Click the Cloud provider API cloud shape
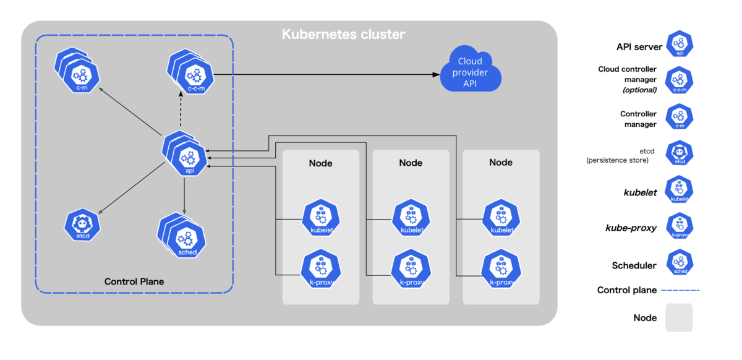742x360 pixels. pyautogui.click(x=471, y=71)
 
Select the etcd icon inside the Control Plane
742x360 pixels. pyautogui.click(x=82, y=225)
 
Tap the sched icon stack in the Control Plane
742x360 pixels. pyautogui.click(x=182, y=236)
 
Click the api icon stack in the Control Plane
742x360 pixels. pyautogui.click(x=184, y=153)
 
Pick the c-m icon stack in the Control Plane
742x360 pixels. pyautogui.click(x=77, y=70)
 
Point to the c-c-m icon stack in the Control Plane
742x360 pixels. pyautogui.click(x=190, y=72)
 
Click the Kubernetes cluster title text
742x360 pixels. pyautogui.click(x=344, y=34)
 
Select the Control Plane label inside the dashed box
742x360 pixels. pyautogui.click(x=134, y=281)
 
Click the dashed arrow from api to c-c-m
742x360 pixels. pyautogui.click(x=181, y=109)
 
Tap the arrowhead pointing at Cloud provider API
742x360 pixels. pyautogui.click(x=437, y=75)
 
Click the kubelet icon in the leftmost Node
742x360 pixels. pyautogui.click(x=321, y=218)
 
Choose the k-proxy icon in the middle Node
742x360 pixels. pyautogui.click(x=411, y=268)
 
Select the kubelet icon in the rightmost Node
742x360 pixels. pyautogui.click(x=501, y=218)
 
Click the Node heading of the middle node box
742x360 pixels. pyautogui.click(x=411, y=163)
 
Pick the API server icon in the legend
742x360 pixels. pyautogui.click(x=680, y=43)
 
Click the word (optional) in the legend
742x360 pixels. pyautogui.click(x=639, y=90)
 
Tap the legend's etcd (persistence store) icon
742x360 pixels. pyautogui.click(x=680, y=153)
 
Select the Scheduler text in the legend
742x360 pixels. pyautogui.click(x=634, y=265)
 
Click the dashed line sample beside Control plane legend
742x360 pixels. pyautogui.click(x=680, y=290)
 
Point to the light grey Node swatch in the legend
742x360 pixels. pyautogui.click(x=679, y=317)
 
